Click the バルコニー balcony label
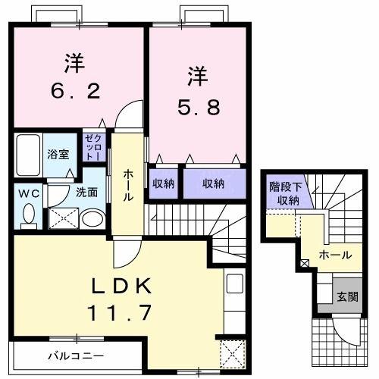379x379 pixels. coord(76,355)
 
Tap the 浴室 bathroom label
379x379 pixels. coord(57,153)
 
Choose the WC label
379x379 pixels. coord(28,193)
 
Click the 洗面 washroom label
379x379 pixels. coord(86,193)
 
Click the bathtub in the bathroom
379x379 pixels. coord(28,154)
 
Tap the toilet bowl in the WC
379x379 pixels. coord(29,215)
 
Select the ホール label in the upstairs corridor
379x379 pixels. coord(128,184)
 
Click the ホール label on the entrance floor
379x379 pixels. coord(334,255)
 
